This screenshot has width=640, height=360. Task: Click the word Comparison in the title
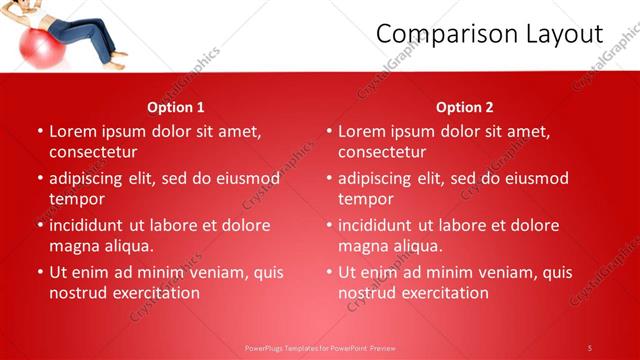tap(447, 35)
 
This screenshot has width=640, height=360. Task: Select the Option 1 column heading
tap(176, 107)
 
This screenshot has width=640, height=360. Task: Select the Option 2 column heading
tap(465, 107)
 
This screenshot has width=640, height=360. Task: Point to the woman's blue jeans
tap(86, 36)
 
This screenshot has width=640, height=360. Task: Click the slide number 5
tap(590, 347)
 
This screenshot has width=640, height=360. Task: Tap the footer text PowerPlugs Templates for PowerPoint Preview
tap(321, 347)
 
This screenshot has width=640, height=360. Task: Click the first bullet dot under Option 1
tap(40, 132)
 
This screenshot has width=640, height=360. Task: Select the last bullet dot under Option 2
tap(329, 273)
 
